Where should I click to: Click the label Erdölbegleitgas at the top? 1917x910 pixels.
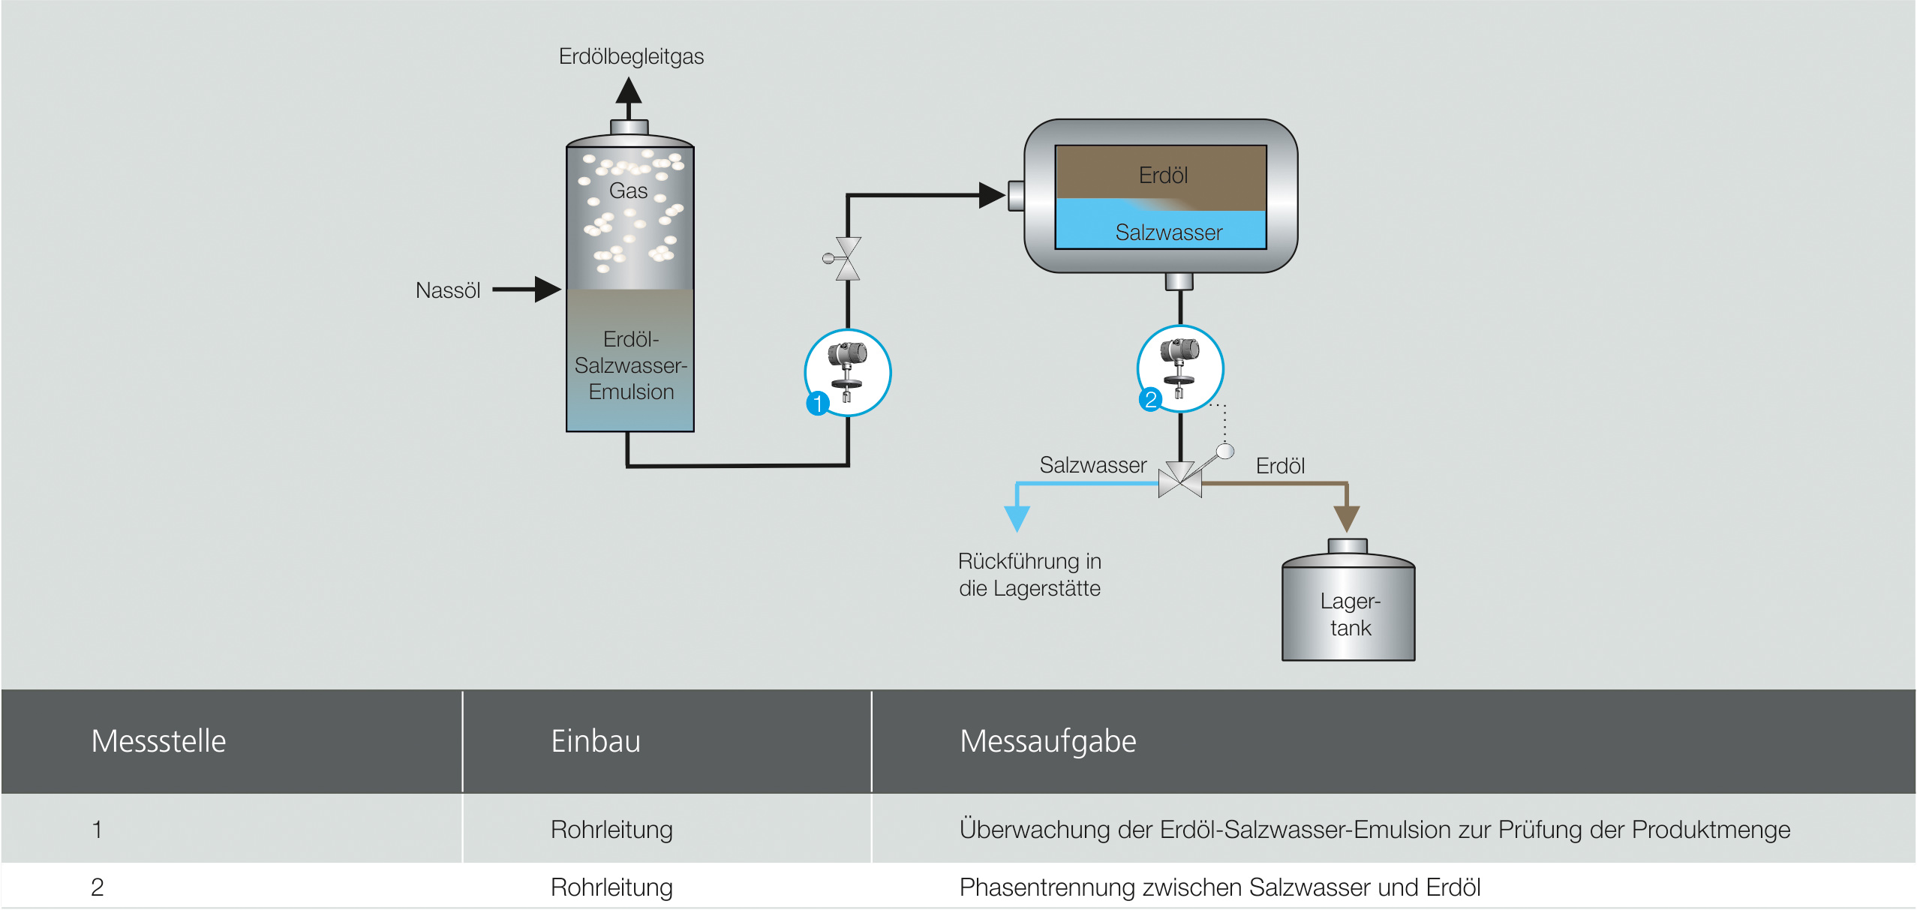631,56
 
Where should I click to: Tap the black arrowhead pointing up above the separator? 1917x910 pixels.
629,92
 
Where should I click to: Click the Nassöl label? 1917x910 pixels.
448,290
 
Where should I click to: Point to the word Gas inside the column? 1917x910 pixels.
628,191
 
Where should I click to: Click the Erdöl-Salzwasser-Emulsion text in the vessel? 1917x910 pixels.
631,365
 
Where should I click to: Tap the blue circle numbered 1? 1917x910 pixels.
817,403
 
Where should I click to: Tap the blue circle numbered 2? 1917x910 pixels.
1150,399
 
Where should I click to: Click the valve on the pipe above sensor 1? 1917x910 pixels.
848,259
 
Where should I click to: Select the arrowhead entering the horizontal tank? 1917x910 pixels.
992,195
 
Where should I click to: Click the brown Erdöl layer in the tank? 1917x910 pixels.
1162,175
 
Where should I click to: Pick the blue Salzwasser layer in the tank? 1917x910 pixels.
1168,232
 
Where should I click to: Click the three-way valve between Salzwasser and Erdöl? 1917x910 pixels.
1180,481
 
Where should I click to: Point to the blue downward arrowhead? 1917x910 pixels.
1017,518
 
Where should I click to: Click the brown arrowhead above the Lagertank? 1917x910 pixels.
1347,518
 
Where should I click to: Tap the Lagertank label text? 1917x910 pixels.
1350,614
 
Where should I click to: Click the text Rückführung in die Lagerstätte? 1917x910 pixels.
1029,575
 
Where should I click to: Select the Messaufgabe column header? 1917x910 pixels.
1047,741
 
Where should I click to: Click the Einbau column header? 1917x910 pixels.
596,741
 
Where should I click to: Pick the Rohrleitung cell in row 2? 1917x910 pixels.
611,887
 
